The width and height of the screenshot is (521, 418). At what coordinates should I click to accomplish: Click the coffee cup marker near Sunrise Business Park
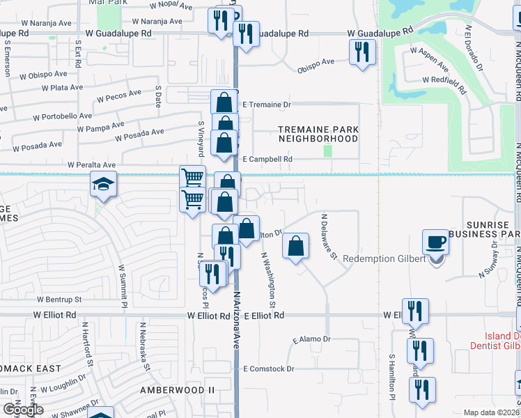click(436, 242)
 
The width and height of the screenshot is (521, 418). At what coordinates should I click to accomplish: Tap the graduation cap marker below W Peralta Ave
click(102, 185)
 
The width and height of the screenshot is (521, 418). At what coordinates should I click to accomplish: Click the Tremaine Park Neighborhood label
click(318, 134)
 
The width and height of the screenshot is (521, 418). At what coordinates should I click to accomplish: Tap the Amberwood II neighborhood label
click(177, 389)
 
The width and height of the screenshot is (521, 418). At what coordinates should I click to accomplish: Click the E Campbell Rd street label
click(267, 159)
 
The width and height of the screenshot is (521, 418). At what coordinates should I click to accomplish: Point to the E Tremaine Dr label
click(265, 104)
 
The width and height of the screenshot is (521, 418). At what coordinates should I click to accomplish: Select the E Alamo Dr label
click(311, 340)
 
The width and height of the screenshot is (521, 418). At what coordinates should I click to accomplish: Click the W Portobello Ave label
click(56, 117)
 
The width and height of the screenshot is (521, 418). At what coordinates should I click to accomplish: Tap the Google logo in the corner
click(23, 410)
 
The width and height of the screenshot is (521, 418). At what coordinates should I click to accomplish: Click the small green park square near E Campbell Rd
click(327, 150)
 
